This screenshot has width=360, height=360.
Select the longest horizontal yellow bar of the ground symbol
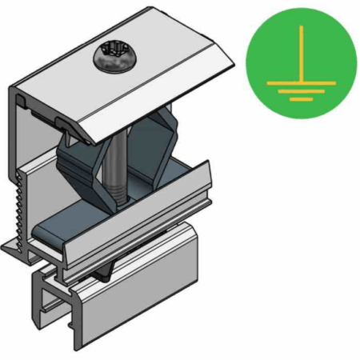point(301,81)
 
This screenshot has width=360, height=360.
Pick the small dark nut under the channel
point(105,272)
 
